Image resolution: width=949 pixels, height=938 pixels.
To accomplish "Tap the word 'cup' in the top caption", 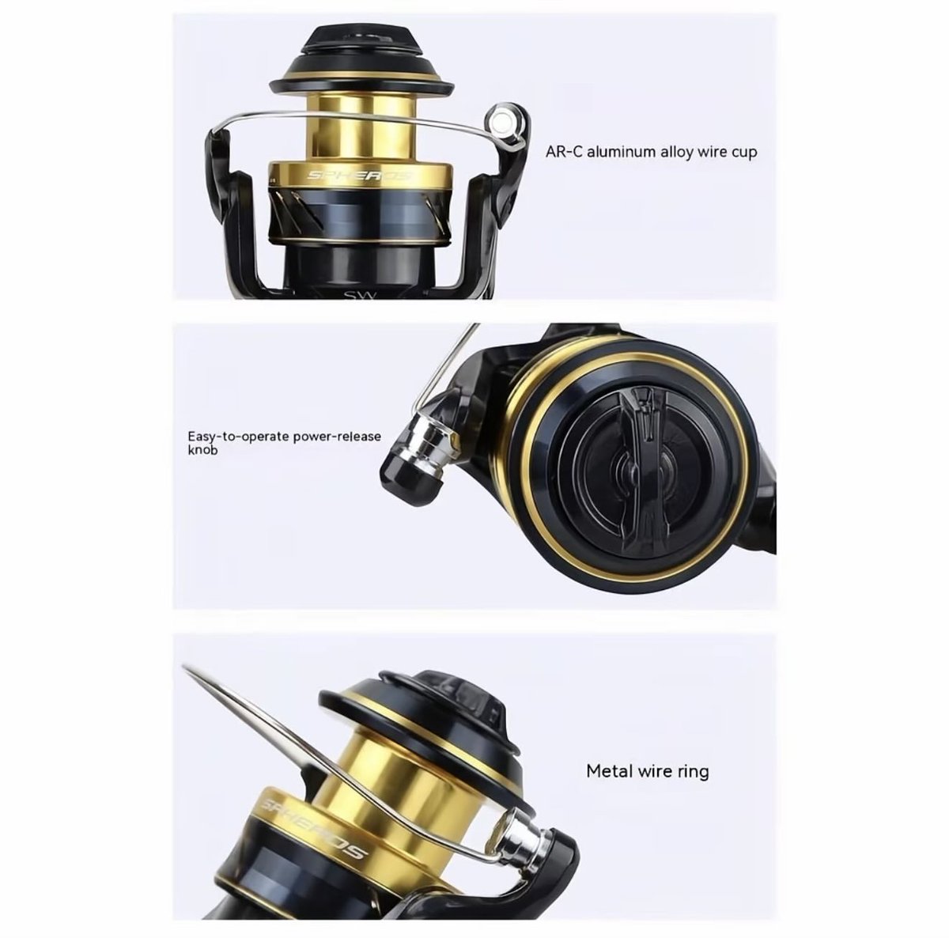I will click(x=741, y=152).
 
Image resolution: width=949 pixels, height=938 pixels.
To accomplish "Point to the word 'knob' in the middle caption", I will click(x=202, y=451).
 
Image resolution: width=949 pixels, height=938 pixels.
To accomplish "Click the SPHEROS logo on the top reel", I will click(x=360, y=175).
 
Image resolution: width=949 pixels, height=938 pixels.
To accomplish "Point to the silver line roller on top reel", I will click(x=501, y=119).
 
